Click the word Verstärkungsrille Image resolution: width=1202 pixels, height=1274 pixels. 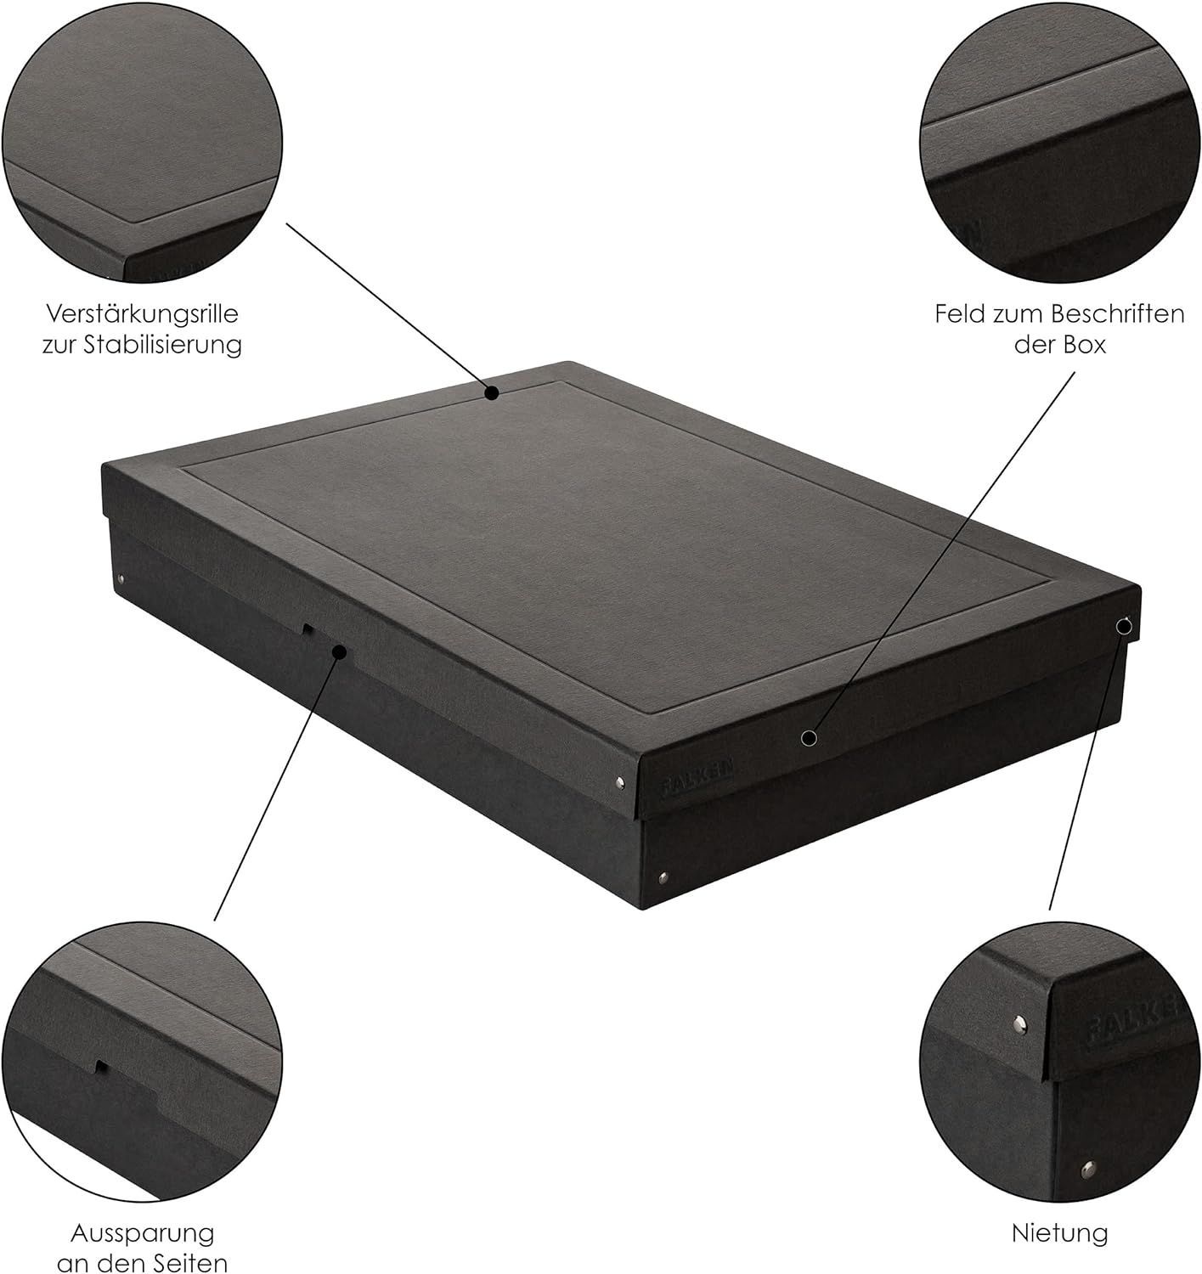tap(142, 314)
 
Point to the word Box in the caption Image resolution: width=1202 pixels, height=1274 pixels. tap(1086, 345)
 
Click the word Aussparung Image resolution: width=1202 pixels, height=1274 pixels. tap(143, 1233)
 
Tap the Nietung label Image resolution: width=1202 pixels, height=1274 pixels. tap(1060, 1233)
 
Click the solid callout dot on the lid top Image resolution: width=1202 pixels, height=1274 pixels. tap(492, 392)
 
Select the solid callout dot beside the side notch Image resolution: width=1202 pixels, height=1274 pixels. tap(340, 652)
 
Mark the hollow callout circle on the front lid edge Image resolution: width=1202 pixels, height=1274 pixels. tap(810, 738)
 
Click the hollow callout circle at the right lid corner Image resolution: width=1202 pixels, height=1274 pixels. tap(1124, 626)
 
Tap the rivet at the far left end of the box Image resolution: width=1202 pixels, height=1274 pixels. tap(121, 581)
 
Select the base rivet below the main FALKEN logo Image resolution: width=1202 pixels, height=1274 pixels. tap(663, 876)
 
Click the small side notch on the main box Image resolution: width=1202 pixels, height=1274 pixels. tap(308, 629)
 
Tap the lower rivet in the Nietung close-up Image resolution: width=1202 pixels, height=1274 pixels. tap(1088, 1170)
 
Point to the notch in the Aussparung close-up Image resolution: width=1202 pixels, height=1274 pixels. tap(101, 1066)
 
